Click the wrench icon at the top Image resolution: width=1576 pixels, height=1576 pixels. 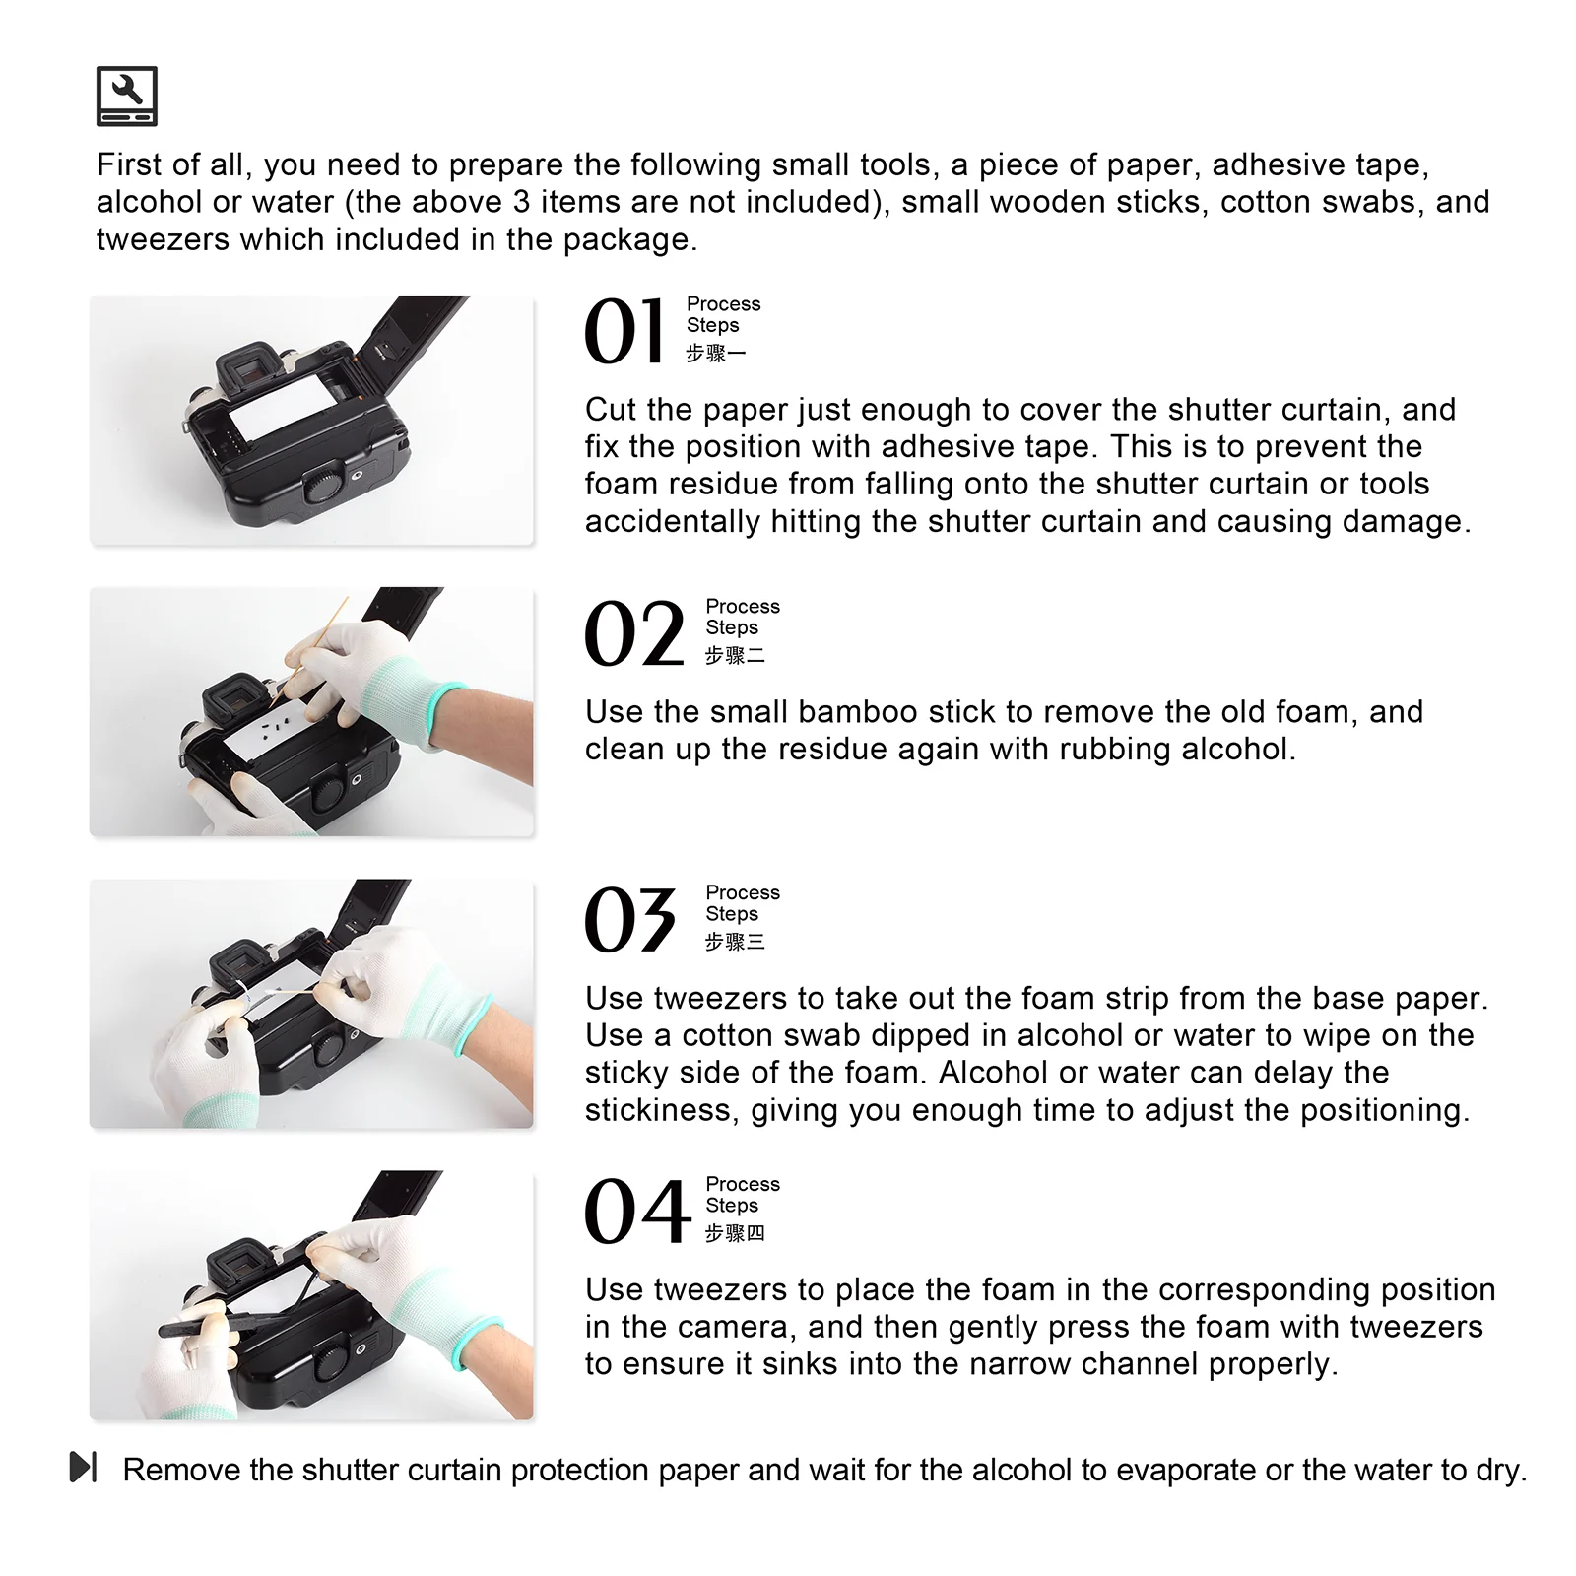126,96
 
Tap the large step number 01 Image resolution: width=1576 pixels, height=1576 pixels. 624,332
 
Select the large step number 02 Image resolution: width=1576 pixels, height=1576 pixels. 634,634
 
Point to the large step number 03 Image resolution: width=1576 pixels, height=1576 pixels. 630,920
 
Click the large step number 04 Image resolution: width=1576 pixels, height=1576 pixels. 637,1212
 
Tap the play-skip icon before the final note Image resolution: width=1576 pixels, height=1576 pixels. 84,1467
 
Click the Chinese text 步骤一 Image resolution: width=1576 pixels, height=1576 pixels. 716,353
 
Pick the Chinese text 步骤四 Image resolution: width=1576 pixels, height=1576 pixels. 735,1233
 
